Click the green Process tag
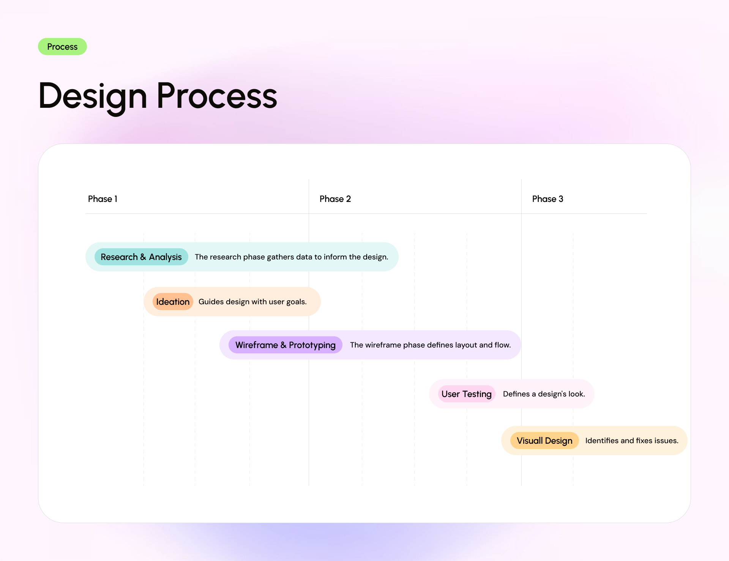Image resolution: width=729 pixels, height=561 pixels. tap(62, 47)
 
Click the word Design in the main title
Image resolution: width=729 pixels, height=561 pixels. tap(93, 96)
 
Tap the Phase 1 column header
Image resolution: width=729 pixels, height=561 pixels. tap(103, 199)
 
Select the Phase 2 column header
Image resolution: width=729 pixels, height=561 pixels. tap(335, 199)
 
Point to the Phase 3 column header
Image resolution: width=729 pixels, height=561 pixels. tap(548, 199)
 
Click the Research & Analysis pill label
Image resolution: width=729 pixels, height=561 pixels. tap(141, 257)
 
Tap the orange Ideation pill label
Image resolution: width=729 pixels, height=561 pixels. tap(173, 302)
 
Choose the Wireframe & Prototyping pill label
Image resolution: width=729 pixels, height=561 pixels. tap(285, 345)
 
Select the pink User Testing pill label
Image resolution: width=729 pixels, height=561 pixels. tap(466, 394)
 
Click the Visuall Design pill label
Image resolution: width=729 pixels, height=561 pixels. tap(544, 441)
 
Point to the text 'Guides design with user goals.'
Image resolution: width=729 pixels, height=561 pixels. tap(252, 302)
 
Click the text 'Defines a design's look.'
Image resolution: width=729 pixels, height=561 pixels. tap(544, 394)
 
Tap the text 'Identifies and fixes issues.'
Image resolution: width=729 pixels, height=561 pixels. tap(631, 441)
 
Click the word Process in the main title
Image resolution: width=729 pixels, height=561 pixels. tap(217, 96)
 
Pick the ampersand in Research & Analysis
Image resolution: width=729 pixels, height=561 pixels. tap(143, 257)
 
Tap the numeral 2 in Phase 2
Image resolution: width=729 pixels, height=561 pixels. tap(349, 199)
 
